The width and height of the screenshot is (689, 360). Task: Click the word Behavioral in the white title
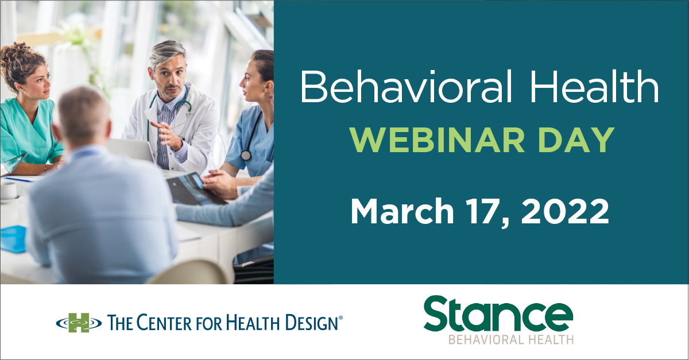click(x=406, y=86)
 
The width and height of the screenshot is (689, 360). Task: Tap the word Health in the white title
click(x=594, y=86)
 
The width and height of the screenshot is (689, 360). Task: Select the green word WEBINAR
click(x=438, y=140)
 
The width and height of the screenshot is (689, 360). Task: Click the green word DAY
click(x=576, y=140)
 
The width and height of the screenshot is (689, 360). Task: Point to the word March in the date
click(x=402, y=211)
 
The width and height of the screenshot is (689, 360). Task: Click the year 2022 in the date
click(x=565, y=212)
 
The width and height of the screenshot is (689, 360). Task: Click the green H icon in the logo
click(x=79, y=323)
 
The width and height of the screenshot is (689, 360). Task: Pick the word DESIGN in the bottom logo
click(x=312, y=323)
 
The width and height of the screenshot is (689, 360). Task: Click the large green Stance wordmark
click(x=498, y=313)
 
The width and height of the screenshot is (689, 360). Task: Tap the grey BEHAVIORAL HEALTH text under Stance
click(x=511, y=340)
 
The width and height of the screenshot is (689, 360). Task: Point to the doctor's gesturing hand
click(x=167, y=136)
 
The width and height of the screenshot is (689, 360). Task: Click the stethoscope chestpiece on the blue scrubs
click(x=246, y=156)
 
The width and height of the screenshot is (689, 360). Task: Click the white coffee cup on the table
click(x=9, y=191)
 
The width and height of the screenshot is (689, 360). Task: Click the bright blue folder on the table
click(x=13, y=239)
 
